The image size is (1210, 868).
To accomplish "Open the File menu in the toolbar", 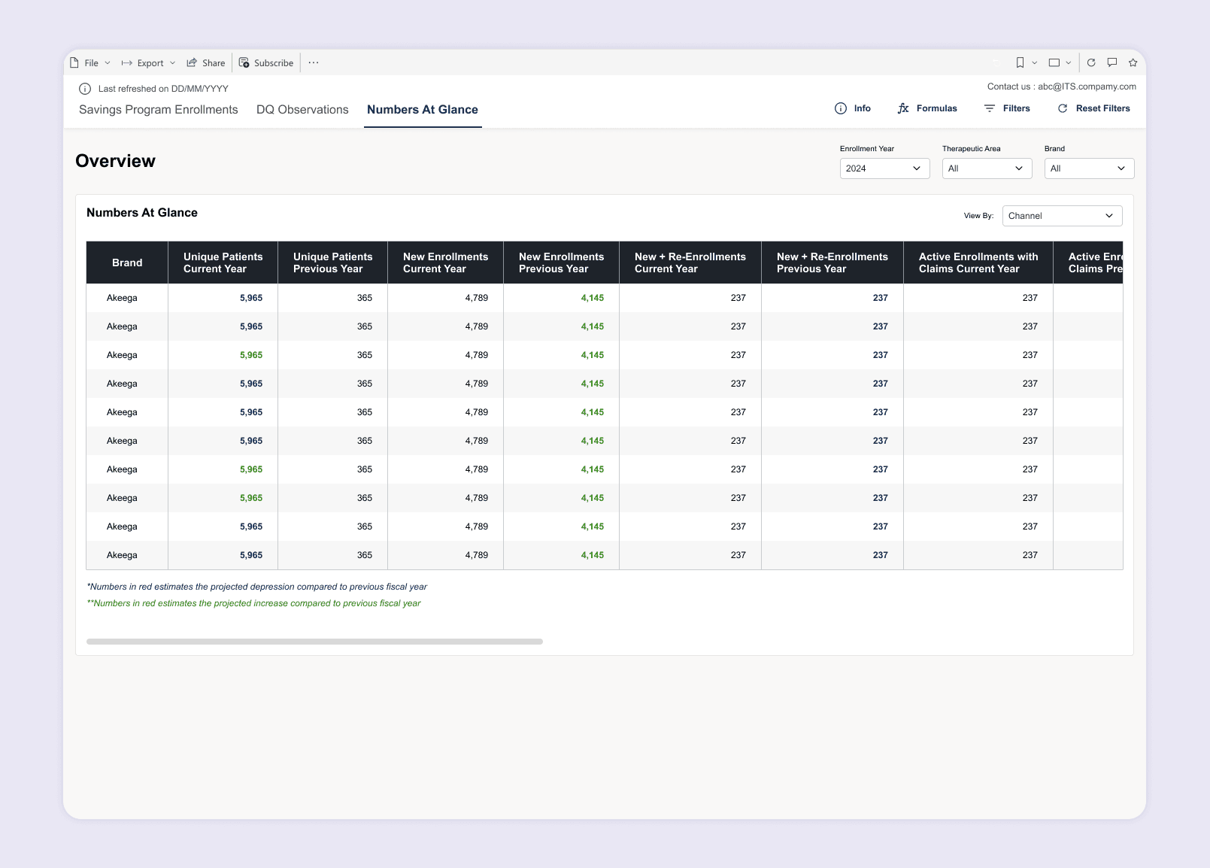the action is [90, 62].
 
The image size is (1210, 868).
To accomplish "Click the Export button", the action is [149, 62].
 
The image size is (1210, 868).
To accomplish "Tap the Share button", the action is [206, 62].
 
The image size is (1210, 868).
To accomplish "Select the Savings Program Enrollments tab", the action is [158, 110].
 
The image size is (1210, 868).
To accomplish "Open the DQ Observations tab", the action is [302, 110].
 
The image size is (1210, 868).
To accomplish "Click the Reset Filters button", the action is [1094, 108].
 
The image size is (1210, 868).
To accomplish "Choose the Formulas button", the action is [927, 108].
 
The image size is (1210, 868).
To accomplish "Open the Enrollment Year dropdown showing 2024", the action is [884, 168].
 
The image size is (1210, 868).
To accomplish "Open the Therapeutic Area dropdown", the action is [987, 168].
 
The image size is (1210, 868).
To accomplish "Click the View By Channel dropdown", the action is [1062, 216].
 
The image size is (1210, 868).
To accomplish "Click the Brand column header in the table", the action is [127, 263].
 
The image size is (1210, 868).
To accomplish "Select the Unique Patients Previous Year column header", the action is [332, 263].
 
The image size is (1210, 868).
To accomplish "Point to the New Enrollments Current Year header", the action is [446, 263].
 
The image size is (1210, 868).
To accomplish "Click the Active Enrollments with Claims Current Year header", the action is [978, 263].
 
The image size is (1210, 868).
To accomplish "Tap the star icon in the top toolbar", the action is [1133, 62].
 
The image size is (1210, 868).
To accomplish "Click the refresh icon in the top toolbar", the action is [1091, 62].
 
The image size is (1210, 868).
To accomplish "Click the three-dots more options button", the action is [314, 62].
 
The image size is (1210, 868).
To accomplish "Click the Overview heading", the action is [115, 161].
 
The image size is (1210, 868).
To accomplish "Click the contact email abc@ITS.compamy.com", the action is [1087, 86].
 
